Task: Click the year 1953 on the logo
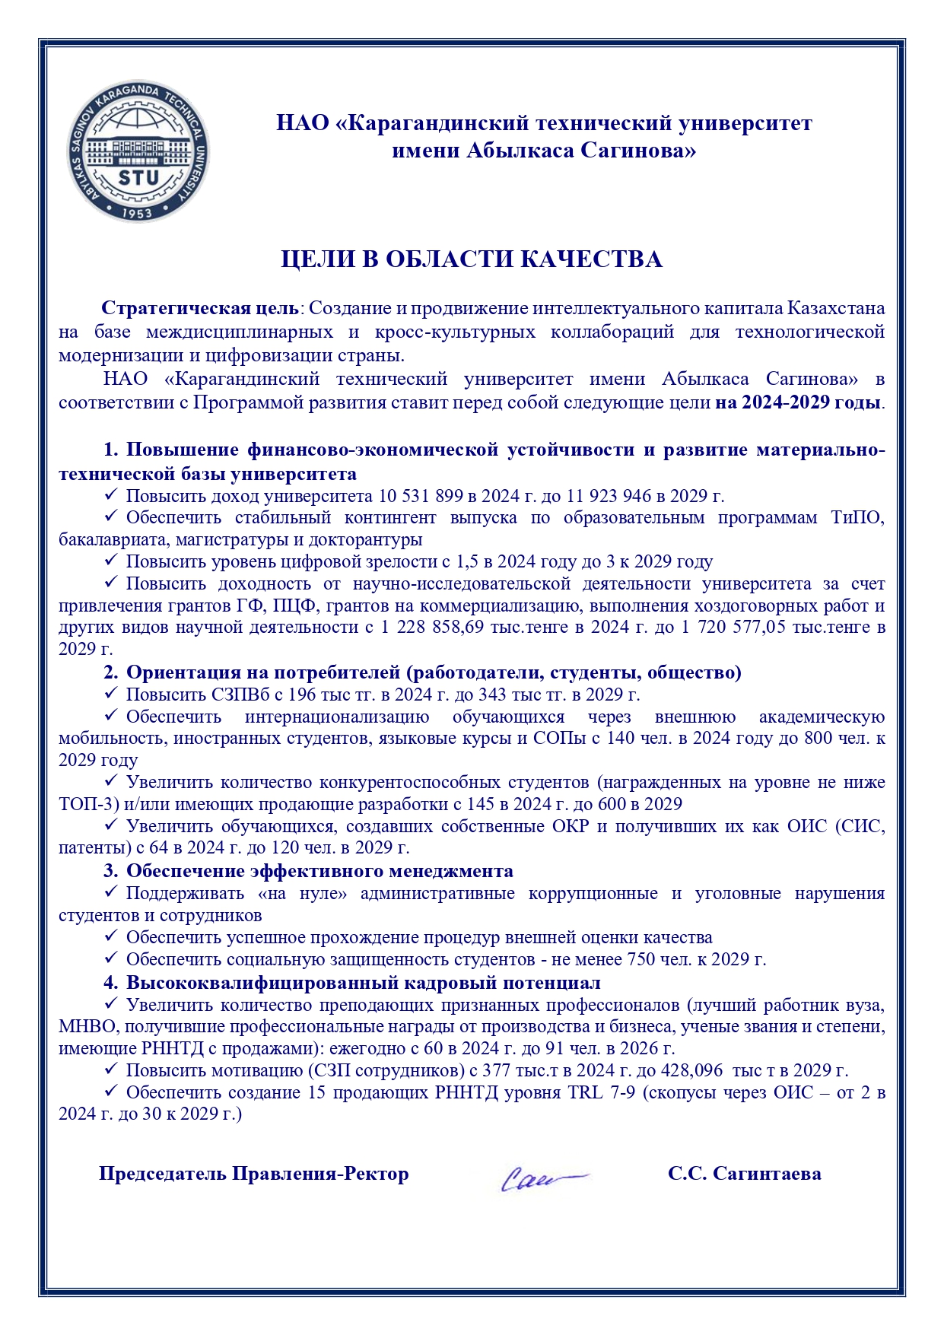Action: pos(138,212)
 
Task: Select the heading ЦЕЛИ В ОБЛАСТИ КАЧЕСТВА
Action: pos(472,259)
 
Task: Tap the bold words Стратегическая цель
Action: pos(200,308)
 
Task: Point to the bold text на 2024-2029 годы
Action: pos(798,402)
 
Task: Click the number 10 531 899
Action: pos(420,497)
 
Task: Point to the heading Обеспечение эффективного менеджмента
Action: pos(319,871)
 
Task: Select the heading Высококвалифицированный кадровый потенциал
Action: pos(363,983)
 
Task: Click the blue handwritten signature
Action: pos(542,1177)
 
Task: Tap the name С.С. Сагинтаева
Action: pos(744,1174)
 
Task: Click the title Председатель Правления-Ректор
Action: pos(253,1174)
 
